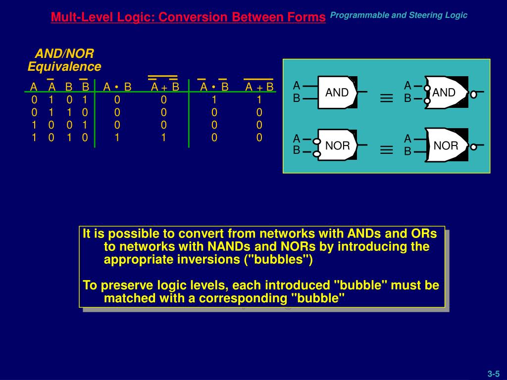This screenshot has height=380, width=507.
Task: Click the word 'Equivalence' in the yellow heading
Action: click(x=64, y=67)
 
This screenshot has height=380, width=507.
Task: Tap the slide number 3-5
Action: click(x=494, y=374)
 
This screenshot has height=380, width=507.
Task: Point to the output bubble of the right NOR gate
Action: click(x=473, y=146)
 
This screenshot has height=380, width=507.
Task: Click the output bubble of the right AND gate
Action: click(x=473, y=94)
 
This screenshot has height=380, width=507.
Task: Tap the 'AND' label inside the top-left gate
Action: click(x=337, y=93)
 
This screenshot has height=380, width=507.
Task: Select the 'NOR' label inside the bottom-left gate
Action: click(x=337, y=146)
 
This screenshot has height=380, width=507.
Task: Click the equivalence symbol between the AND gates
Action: click(x=386, y=98)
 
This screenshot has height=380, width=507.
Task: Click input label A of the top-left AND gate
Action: click(x=297, y=85)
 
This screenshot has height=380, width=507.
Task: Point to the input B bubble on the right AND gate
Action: click(x=427, y=101)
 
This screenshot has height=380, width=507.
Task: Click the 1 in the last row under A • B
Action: click(x=117, y=138)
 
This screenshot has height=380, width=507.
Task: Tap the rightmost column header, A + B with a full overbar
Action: click(x=259, y=87)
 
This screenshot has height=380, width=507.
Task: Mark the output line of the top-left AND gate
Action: click(x=362, y=92)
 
